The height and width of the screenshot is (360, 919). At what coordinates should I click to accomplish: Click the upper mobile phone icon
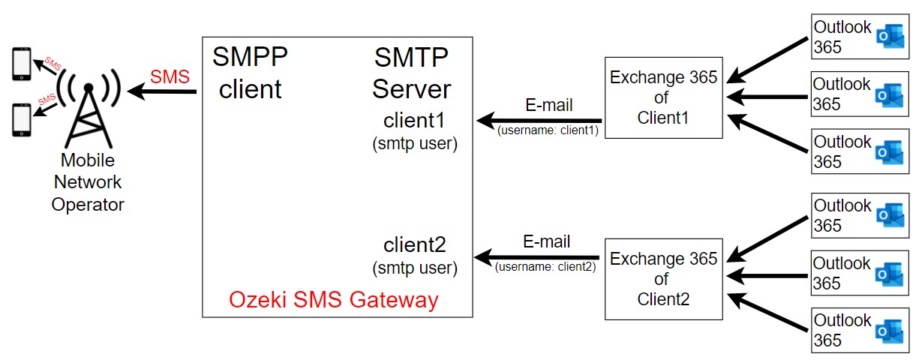pos(21,64)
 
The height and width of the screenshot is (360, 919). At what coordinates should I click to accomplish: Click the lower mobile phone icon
pos(21,120)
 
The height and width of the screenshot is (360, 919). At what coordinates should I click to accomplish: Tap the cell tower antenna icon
pos(89,107)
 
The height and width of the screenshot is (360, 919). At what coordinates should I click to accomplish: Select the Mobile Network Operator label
pos(88,182)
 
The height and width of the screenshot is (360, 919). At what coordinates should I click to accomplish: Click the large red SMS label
pos(170,76)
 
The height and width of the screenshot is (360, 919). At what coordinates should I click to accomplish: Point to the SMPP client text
pos(250,73)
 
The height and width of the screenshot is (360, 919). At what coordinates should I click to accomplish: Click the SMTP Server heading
pos(412,73)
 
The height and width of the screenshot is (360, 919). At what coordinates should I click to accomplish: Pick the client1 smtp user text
pos(415,132)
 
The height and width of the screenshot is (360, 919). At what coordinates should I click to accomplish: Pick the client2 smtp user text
pos(415,256)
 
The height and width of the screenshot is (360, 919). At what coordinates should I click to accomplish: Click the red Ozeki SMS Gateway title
pos(334,299)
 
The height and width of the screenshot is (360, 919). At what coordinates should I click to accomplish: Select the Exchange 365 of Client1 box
pos(663,97)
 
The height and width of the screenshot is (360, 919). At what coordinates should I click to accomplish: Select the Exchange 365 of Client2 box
pos(663,279)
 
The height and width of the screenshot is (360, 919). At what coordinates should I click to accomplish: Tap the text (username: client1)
pos(548,130)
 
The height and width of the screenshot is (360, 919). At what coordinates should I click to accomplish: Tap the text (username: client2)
pos(545,267)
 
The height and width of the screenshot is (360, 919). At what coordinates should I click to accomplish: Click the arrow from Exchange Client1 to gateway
pos(539,121)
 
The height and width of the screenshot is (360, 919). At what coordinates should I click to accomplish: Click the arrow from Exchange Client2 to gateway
pos(536,257)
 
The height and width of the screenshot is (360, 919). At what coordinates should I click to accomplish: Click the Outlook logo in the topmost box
pos(890,37)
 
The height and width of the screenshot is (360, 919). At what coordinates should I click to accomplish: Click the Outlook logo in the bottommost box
pos(890,331)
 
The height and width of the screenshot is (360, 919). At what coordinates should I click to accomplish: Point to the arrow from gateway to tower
pos(162,91)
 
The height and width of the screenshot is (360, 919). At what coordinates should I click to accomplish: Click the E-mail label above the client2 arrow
pos(546,241)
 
